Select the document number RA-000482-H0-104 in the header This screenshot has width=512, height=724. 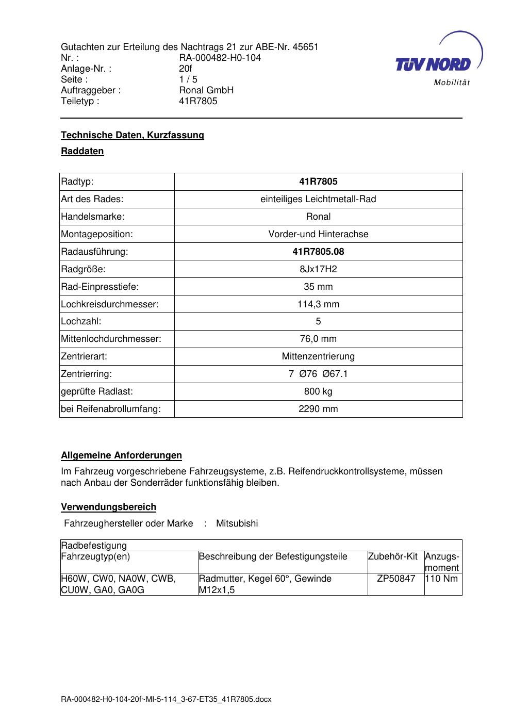tap(220, 58)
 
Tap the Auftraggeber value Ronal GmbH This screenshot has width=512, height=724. tap(206, 90)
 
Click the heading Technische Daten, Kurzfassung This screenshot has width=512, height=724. tap(133, 135)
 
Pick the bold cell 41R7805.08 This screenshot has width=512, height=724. tap(318, 252)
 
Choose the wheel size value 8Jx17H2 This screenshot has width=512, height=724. tap(318, 269)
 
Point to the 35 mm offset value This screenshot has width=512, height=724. tap(318, 287)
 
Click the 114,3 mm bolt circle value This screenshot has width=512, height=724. tap(318, 304)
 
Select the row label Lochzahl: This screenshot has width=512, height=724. tap(81, 321)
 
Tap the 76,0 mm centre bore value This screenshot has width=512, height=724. tap(318, 339)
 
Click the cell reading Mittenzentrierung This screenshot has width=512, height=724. tap(318, 356)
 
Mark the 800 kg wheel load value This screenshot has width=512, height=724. tap(318, 391)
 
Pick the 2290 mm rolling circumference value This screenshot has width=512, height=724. tap(318, 409)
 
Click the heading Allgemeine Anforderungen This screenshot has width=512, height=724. tap(121, 455)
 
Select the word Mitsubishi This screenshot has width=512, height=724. tap(237, 523)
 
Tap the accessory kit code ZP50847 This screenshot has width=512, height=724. tap(396, 579)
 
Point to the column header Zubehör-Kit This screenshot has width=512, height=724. tap(392, 557)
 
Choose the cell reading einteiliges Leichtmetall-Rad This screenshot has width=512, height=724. tap(318, 199)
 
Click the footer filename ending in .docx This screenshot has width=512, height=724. tap(166, 700)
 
